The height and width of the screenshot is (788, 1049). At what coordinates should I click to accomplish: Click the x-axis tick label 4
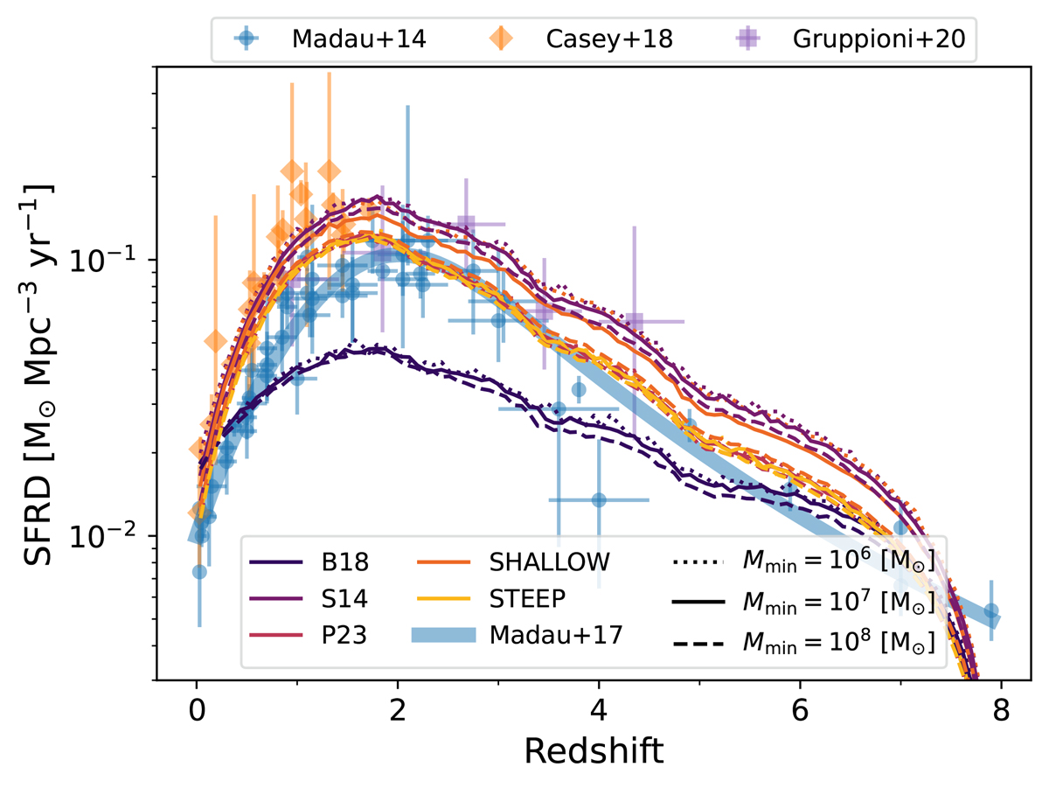[599, 707]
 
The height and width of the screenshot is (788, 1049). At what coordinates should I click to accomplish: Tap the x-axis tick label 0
[197, 707]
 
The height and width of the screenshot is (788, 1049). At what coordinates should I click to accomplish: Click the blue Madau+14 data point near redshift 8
[990, 611]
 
